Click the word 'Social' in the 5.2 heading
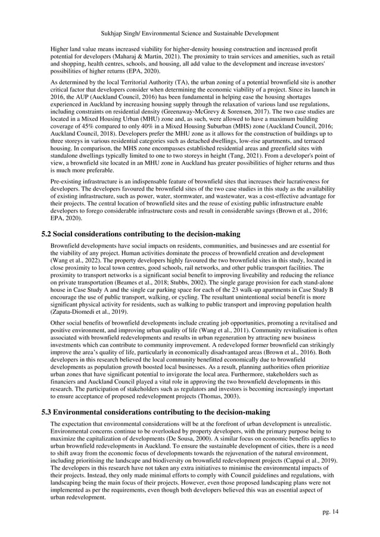pos(71,235)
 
